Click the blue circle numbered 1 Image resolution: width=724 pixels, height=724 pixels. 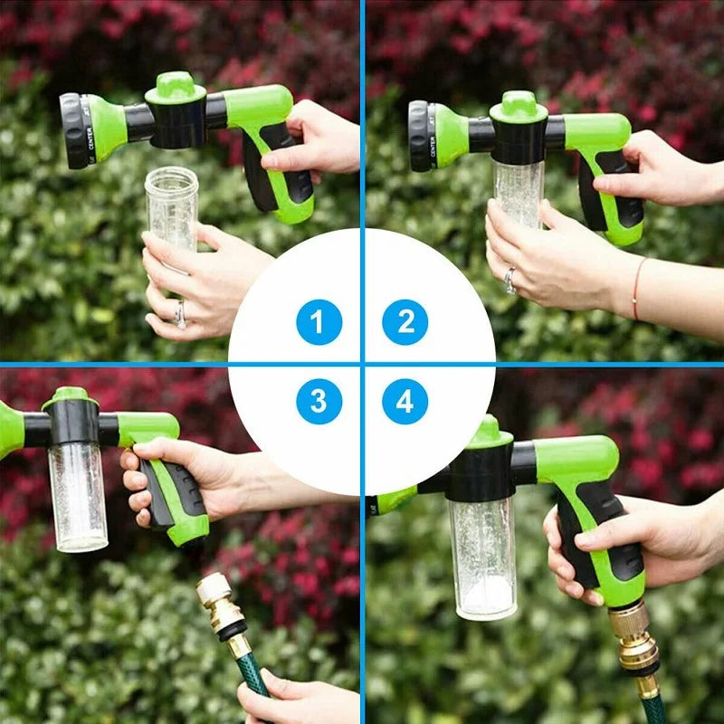319,322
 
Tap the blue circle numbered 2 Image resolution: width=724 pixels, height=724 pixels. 405,322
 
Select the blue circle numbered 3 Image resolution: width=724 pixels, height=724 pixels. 319,401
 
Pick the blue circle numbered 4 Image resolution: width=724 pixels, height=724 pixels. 405,401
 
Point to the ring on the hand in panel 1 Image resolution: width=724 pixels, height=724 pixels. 180,314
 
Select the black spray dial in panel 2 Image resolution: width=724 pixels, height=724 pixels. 419,136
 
